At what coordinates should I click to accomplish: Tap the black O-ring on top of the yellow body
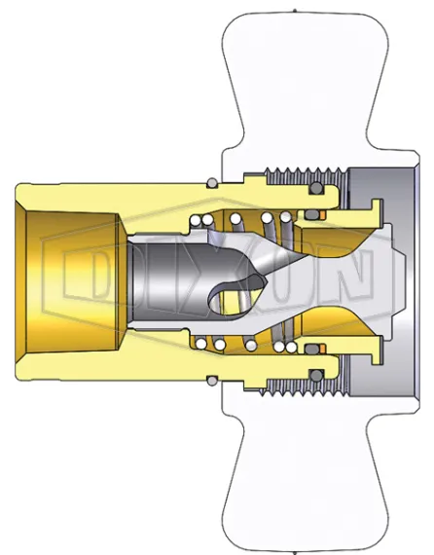tap(211, 180)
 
